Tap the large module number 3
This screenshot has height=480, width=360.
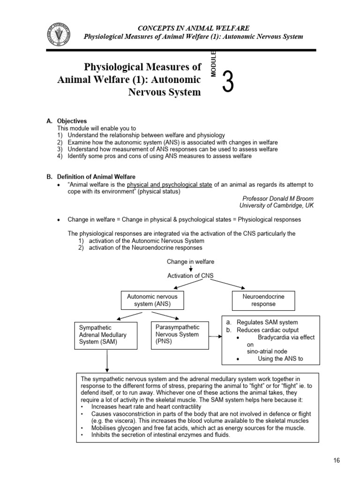click(227, 83)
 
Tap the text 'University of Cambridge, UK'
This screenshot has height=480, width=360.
click(277, 205)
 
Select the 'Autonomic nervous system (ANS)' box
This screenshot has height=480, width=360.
click(152, 300)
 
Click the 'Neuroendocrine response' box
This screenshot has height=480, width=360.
click(263, 300)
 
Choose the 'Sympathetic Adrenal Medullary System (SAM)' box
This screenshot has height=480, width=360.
click(106, 335)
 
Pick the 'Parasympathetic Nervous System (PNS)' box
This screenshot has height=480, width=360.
click(178, 335)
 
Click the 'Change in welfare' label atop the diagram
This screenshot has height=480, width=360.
click(190, 261)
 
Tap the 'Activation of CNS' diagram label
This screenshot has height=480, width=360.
click(190, 276)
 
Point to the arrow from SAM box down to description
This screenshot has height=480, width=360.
click(107, 361)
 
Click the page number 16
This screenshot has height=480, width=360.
click(336, 460)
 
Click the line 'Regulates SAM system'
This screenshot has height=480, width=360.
click(267, 322)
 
